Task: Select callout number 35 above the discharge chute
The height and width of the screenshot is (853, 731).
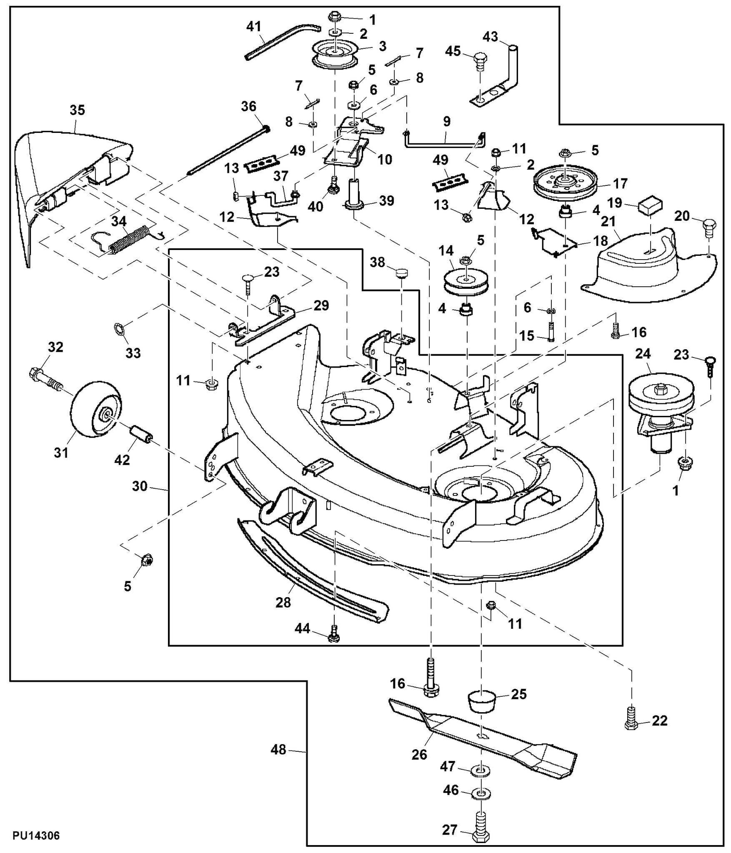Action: tap(77, 110)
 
